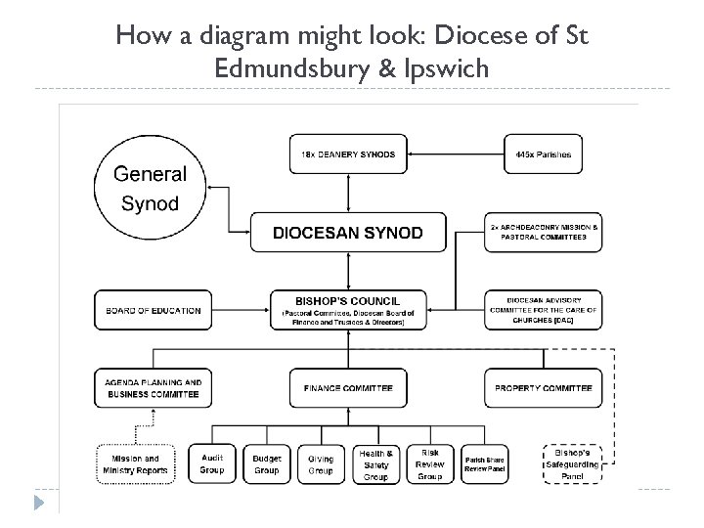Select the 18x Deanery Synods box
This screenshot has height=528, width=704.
click(x=348, y=154)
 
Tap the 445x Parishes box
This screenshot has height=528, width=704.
click(x=544, y=154)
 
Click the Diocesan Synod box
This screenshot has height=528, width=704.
click(x=348, y=233)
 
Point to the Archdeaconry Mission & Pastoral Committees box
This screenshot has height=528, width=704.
click(x=544, y=233)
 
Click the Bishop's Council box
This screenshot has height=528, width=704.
click(x=348, y=310)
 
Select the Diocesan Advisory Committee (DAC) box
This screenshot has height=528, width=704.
click(x=544, y=311)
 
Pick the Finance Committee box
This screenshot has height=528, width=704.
click(x=348, y=388)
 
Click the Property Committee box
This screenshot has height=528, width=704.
click(x=544, y=388)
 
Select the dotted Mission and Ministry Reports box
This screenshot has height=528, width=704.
click(x=136, y=463)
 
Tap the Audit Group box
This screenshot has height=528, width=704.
click(x=212, y=463)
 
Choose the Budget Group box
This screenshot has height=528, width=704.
click(x=267, y=463)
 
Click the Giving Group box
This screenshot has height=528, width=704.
click(x=321, y=463)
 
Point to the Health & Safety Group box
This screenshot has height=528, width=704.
click(x=375, y=464)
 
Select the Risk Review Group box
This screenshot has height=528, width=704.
click(x=429, y=464)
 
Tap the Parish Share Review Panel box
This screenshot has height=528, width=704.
click(x=485, y=463)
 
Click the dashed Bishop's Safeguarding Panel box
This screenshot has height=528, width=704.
click(x=572, y=464)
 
